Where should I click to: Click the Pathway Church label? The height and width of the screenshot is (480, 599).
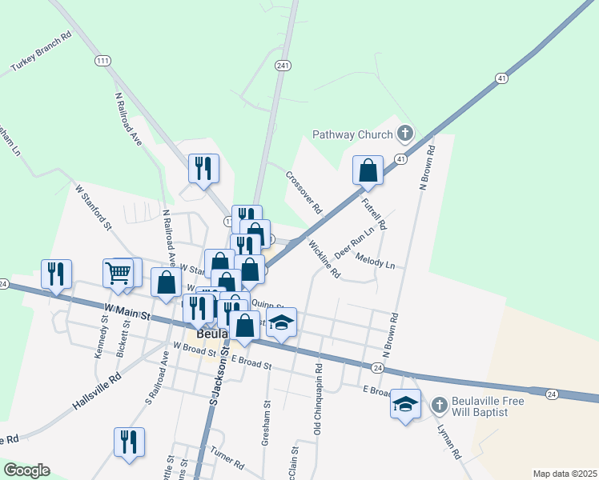(x=352, y=134)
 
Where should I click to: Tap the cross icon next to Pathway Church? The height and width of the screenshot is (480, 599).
(x=405, y=133)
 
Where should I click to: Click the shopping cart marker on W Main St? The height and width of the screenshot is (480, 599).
(x=118, y=273)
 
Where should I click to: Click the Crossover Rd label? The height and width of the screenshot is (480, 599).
(x=304, y=192)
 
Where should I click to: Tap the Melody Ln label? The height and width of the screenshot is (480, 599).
(x=376, y=261)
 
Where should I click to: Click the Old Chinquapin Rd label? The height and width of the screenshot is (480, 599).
(x=318, y=400)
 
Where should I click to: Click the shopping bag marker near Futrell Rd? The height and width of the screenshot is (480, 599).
(x=368, y=170)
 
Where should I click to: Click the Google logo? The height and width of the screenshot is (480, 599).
(x=26, y=470)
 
